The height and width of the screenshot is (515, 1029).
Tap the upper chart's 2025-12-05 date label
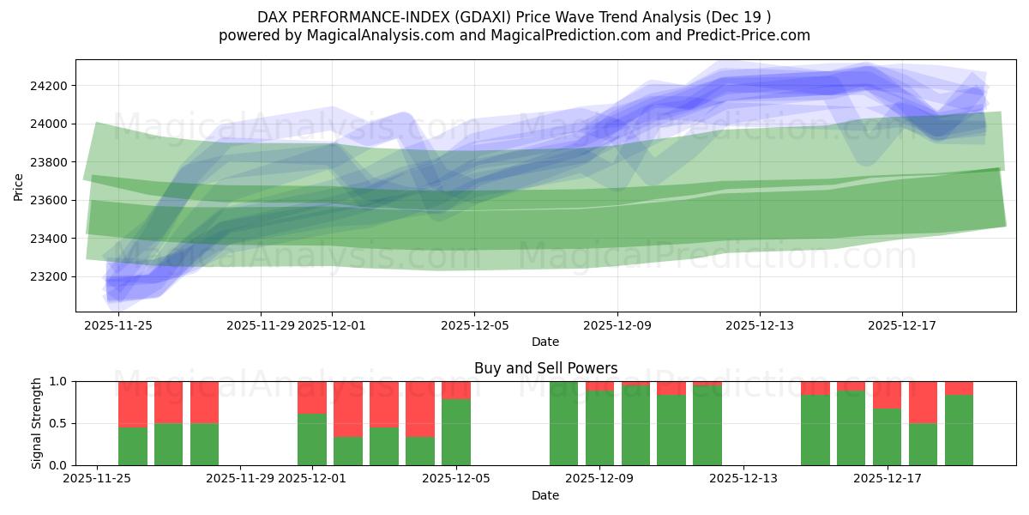[475, 325]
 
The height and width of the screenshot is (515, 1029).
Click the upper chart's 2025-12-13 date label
[760, 325]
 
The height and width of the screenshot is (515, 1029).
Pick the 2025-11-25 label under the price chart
[118, 325]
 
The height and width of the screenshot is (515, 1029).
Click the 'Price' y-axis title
[19, 185]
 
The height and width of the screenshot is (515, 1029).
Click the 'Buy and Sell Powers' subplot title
[545, 368]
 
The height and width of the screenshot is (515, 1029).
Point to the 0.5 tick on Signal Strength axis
[60, 423]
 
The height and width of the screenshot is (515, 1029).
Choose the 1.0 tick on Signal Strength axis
[60, 381]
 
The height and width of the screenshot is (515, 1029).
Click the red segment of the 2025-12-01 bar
[312, 397]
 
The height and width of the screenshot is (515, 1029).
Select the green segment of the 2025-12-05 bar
[456, 432]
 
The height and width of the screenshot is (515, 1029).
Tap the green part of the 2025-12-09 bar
[600, 427]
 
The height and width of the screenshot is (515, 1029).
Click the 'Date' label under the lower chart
[545, 495]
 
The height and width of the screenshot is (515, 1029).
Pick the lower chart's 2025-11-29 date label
[241, 478]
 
